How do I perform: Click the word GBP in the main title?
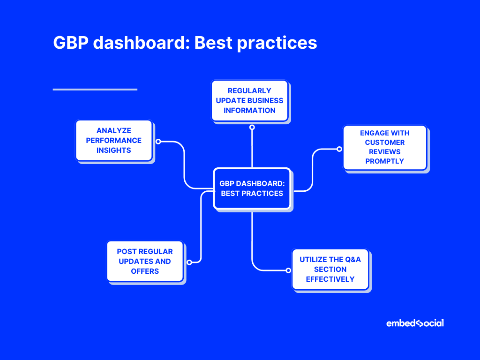point(71,42)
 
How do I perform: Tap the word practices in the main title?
point(277,44)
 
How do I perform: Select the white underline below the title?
point(95,90)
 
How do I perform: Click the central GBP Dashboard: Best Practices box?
point(252,188)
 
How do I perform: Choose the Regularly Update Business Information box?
point(249,101)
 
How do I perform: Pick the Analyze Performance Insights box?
point(114,141)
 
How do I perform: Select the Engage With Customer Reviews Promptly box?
point(385,147)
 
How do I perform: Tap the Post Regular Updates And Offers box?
point(145,262)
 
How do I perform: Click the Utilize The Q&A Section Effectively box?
point(330,270)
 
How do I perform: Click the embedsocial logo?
point(415,323)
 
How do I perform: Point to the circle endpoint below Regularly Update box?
point(252,127)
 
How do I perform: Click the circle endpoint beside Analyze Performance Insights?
point(158,142)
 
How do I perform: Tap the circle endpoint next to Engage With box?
point(339,149)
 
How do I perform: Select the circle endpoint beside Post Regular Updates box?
point(189,262)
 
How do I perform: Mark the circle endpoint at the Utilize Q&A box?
point(288,270)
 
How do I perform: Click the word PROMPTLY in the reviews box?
point(385,161)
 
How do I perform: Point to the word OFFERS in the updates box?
point(145,271)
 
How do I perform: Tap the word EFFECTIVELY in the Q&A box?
point(330,279)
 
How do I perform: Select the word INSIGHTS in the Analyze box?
point(114,150)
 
